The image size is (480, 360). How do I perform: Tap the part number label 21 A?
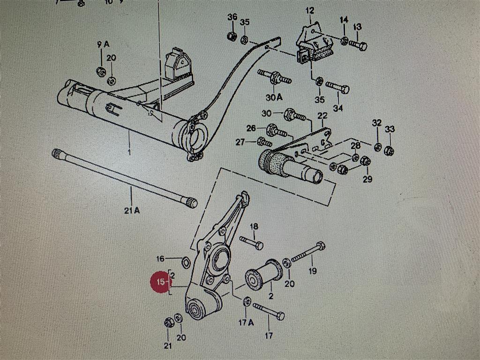coord(132,211)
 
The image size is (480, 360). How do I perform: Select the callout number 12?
coord(310,11)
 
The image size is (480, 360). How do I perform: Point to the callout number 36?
coord(232,17)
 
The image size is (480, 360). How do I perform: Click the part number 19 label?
coord(313,270)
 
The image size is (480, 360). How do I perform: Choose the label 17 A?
coord(246,322)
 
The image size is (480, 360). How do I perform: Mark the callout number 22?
coord(322,116)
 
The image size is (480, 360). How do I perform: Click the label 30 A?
coord(274,97)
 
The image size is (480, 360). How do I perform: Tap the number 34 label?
coord(338,108)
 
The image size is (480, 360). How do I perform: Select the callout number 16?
coord(160,259)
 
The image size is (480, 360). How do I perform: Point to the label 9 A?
coord(103,45)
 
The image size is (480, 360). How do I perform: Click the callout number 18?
coord(254,226)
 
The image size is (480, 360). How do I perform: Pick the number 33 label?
coord(390,129)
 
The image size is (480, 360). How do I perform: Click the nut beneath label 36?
coord(231,36)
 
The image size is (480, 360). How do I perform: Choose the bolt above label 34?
coord(337,87)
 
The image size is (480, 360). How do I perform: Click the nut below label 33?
coord(389,150)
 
